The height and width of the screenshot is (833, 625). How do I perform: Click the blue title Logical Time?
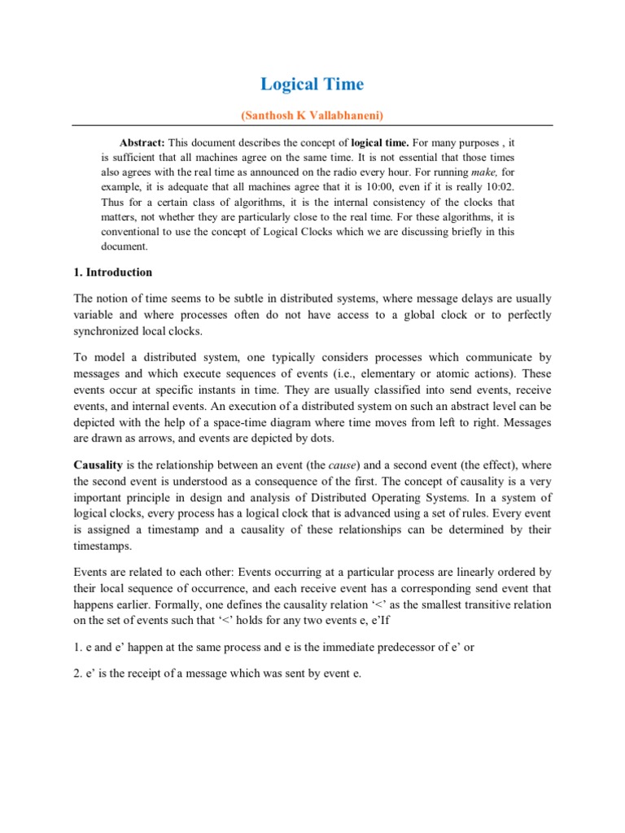click(x=312, y=84)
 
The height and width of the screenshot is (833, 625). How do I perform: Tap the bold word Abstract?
click(x=142, y=141)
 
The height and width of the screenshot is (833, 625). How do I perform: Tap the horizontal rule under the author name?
click(x=312, y=124)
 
